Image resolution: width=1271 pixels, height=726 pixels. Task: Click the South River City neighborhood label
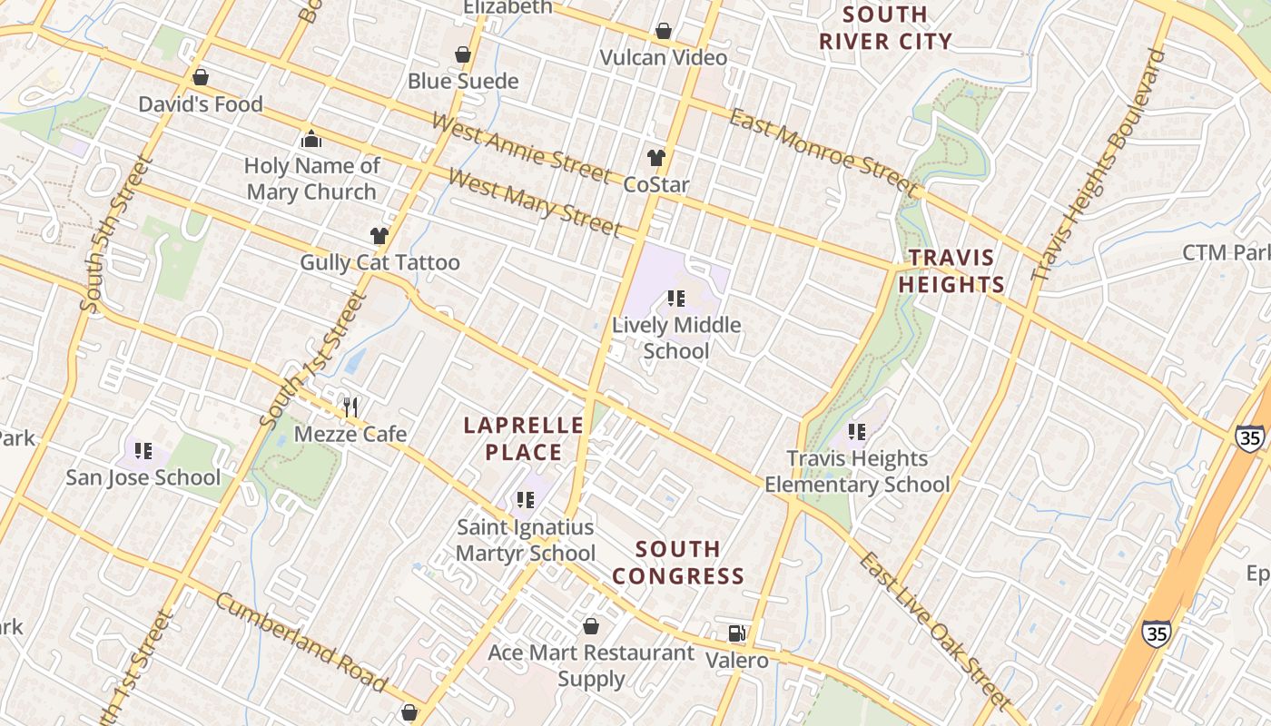[x=885, y=28]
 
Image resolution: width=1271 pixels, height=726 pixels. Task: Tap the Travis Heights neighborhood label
[x=951, y=271]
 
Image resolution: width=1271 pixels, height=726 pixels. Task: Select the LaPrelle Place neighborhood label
[x=524, y=438]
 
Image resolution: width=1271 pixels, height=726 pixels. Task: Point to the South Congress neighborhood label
[x=678, y=563]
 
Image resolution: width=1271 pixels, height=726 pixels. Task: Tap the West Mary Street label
[x=535, y=201]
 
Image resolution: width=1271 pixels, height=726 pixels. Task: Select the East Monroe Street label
[x=824, y=152]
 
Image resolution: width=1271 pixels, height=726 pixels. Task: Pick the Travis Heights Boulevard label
[x=1099, y=164]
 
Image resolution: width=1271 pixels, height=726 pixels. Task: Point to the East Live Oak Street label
[x=934, y=630]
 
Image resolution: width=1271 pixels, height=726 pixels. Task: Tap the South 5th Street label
[x=117, y=234]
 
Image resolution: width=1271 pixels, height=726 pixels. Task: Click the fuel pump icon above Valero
[x=737, y=633]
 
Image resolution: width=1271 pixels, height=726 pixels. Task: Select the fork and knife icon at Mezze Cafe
[x=350, y=407]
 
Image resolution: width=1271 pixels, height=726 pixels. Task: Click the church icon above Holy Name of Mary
[x=311, y=139]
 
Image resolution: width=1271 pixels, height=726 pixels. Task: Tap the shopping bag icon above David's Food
[x=201, y=77]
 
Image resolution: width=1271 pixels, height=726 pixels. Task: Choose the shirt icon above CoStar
[x=656, y=157]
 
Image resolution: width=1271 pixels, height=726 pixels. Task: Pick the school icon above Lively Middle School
[x=675, y=298]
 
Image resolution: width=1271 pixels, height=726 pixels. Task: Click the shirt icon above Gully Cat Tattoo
[x=379, y=236]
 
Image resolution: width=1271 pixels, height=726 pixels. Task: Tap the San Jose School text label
[x=143, y=477]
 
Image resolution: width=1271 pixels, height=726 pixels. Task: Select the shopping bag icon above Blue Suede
[x=463, y=54]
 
